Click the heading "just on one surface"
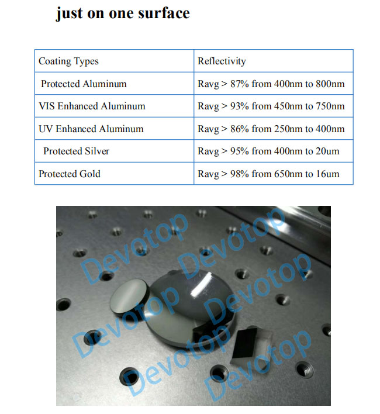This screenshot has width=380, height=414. tap(123, 13)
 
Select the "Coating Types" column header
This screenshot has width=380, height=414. tap(68, 61)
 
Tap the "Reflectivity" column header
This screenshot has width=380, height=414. tap(222, 61)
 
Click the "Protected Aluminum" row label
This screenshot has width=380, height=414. tap(84, 84)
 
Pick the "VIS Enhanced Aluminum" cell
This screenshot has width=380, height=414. tap(92, 106)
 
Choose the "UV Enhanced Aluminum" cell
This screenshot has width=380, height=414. tap(91, 129)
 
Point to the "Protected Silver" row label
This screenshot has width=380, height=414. tap(76, 151)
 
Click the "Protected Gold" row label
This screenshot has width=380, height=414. tap(70, 174)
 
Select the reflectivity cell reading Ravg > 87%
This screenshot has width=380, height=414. tap(271, 84)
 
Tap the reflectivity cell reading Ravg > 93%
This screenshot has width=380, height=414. tap(271, 106)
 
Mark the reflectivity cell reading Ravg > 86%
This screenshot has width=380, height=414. tap(271, 129)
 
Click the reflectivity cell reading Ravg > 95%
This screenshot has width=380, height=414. tap(268, 151)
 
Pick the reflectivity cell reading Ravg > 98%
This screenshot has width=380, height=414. tap(268, 174)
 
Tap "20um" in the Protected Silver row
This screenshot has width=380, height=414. tap(327, 151)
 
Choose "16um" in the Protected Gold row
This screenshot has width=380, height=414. tap(327, 174)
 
